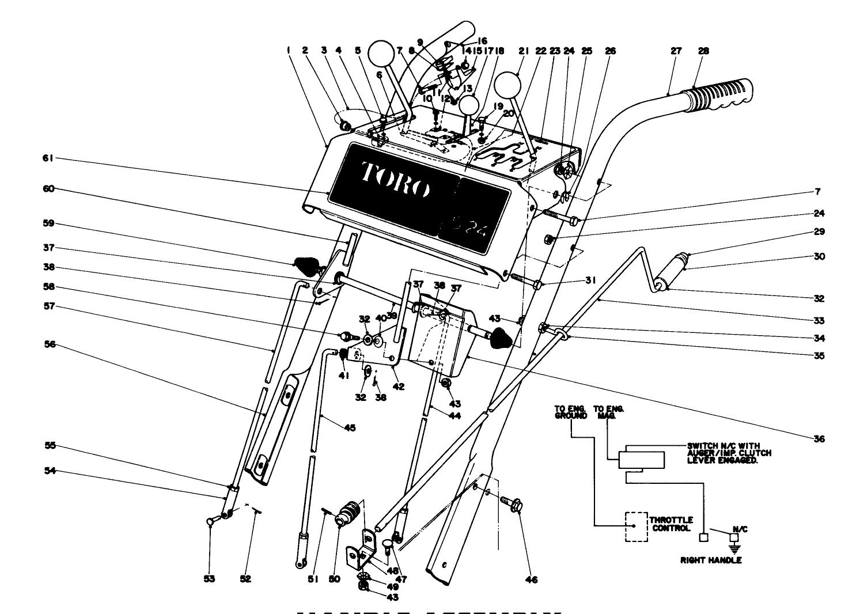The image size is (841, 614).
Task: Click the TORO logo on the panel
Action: pos(395,179)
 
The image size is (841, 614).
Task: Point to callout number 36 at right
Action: pos(819,439)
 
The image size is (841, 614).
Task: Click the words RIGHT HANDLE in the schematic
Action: pos(711,560)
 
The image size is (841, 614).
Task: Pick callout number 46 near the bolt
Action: pos(532,579)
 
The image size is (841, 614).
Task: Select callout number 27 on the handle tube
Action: pos(676,51)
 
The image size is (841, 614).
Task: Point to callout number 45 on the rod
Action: pos(350,427)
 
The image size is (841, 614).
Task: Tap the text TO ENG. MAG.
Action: pos(609,412)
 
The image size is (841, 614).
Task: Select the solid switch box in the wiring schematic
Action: pos(641,460)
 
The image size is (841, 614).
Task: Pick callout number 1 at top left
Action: pos(287,51)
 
